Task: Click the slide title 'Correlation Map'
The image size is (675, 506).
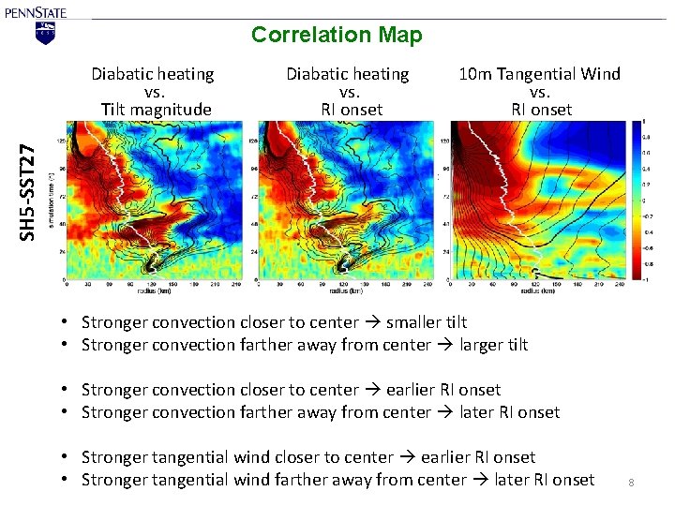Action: pos(337,36)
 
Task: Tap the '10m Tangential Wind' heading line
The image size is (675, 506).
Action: pos(539,74)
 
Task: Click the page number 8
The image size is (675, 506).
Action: pos(631,483)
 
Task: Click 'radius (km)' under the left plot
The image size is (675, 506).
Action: pos(153,290)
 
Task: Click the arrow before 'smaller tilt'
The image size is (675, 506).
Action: pos(371,322)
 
